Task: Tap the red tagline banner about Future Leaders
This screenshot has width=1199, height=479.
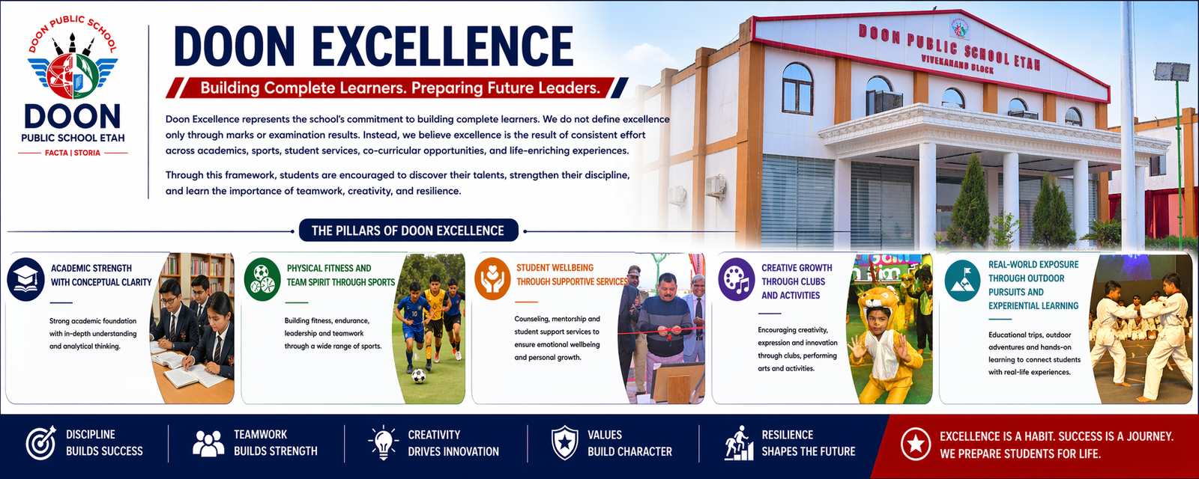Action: (397, 88)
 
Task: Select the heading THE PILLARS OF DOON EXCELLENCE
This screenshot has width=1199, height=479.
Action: (408, 231)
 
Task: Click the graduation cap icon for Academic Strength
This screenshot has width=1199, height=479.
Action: (25, 279)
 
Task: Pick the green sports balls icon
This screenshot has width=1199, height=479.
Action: (262, 279)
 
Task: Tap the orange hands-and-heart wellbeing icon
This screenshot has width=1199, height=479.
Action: (492, 278)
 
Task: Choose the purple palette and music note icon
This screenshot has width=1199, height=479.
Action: (737, 279)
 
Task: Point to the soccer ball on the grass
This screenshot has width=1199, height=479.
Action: (419, 376)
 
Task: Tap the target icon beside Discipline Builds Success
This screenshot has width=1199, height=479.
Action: (41, 442)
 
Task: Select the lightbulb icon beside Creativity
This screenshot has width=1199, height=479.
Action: (383, 442)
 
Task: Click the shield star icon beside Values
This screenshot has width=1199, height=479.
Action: (565, 442)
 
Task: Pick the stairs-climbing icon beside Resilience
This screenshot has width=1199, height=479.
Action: (739, 442)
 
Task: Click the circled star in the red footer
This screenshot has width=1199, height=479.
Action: (916, 444)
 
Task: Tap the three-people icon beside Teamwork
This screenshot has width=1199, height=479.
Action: (208, 443)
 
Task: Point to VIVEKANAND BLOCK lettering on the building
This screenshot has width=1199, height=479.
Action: (958, 63)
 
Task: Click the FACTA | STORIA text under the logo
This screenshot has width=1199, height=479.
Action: (73, 153)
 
